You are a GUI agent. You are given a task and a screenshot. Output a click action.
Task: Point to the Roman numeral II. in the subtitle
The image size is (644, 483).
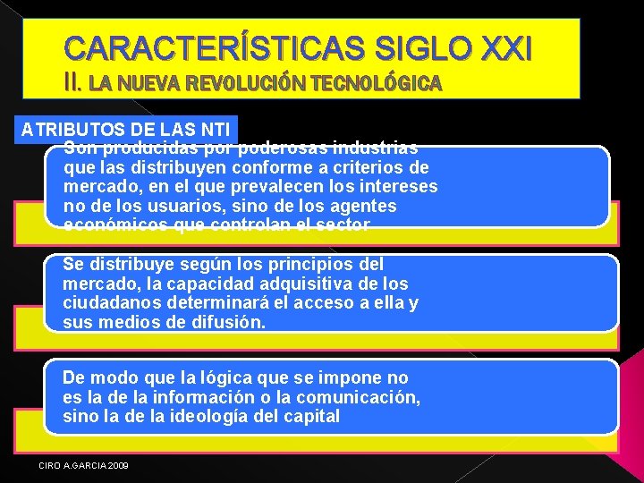pos(74,83)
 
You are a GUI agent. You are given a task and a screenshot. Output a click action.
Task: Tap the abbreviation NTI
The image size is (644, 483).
pos(213,129)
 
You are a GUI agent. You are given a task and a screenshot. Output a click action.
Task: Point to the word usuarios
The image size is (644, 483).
pos(165,206)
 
